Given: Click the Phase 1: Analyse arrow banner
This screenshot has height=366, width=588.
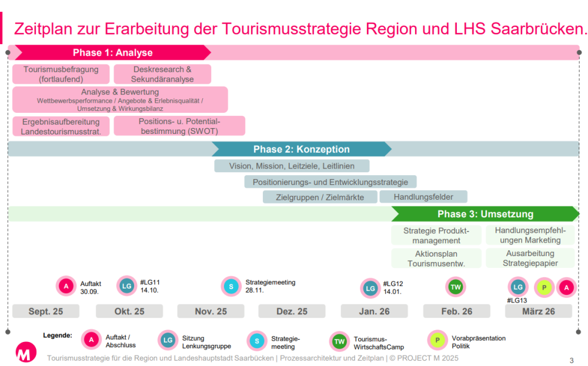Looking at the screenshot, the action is point(112,52).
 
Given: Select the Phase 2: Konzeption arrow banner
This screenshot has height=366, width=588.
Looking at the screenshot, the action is point(302,149).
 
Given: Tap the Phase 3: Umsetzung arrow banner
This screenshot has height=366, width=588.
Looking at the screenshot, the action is point(485,214).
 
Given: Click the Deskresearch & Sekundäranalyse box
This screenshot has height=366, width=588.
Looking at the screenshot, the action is point(162,74).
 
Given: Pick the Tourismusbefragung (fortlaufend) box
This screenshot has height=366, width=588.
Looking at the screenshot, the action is point(61,74).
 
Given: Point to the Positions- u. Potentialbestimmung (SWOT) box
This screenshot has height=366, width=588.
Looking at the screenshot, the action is point(179,126).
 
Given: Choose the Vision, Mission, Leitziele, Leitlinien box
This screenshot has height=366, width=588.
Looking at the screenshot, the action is point(292,166).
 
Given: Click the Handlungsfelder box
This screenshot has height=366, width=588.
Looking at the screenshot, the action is point(423,197).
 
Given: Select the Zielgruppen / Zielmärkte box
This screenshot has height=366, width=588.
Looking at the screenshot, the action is point(320,197).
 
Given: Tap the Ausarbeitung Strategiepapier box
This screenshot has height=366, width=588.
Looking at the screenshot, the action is point(530,258).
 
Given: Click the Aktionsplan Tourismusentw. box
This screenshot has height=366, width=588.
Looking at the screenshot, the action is point(436,258).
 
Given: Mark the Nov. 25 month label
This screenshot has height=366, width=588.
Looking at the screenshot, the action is point(211,311).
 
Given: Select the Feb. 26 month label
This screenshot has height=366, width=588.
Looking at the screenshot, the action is point(457,311).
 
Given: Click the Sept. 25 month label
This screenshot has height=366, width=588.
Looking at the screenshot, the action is point(46,311).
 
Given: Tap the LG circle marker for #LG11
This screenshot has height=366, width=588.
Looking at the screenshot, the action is point(127,286).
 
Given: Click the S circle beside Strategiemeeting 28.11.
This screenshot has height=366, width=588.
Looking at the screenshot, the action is point(231,287).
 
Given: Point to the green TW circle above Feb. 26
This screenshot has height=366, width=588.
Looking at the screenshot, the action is point(456,287).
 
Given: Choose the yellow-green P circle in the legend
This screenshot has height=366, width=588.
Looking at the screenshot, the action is point(437,340).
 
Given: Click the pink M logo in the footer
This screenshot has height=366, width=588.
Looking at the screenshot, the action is point(26,352).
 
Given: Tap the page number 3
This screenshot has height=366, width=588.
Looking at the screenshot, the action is point(572,360).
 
